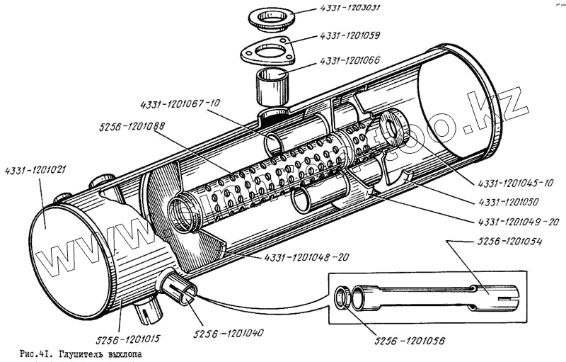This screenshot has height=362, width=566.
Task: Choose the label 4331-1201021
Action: [x=35, y=170]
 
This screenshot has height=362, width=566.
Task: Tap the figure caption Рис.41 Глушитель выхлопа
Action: [x=86, y=352]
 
